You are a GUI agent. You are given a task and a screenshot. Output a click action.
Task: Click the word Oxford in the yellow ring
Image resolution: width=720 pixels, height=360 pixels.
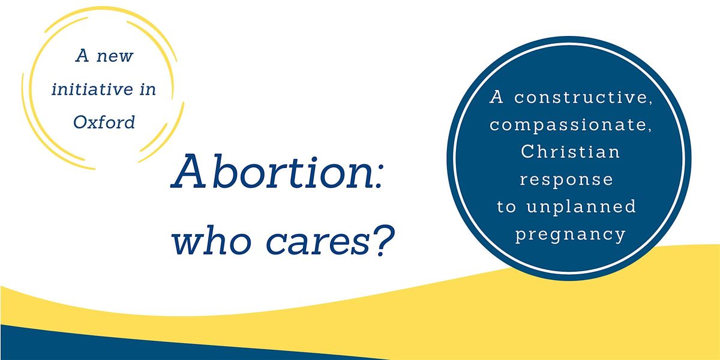(x=104, y=122)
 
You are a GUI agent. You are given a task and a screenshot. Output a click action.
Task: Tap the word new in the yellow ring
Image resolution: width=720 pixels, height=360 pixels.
(x=117, y=57)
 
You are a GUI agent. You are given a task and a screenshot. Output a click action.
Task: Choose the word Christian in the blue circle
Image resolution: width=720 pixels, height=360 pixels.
(x=570, y=152)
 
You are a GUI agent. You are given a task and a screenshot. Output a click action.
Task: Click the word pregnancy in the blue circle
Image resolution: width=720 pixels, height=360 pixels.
(x=570, y=233)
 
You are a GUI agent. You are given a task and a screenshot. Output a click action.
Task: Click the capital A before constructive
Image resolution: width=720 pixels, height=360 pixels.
(x=497, y=97)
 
